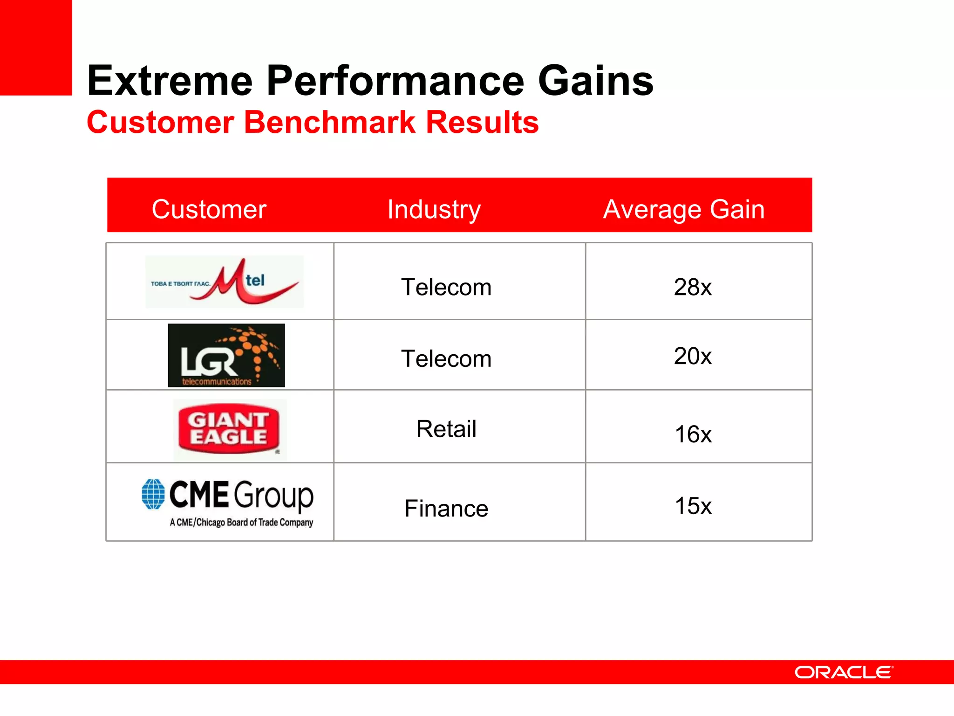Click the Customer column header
[209, 209]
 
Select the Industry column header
[434, 209]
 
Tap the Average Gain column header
[683, 209]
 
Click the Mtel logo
[225, 282]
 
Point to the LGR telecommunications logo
[226, 355]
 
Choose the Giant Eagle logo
[229, 429]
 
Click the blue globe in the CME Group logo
[153, 494]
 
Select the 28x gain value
[693, 287]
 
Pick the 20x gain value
[693, 357]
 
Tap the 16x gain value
[693, 434]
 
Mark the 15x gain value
[693, 506]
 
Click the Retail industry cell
[446, 429]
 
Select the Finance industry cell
[446, 509]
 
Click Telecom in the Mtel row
[446, 287]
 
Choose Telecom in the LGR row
[446, 359]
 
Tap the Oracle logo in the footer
[844, 672]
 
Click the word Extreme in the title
[170, 81]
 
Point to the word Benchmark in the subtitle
[329, 123]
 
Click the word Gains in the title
[596, 81]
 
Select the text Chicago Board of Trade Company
[254, 523]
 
